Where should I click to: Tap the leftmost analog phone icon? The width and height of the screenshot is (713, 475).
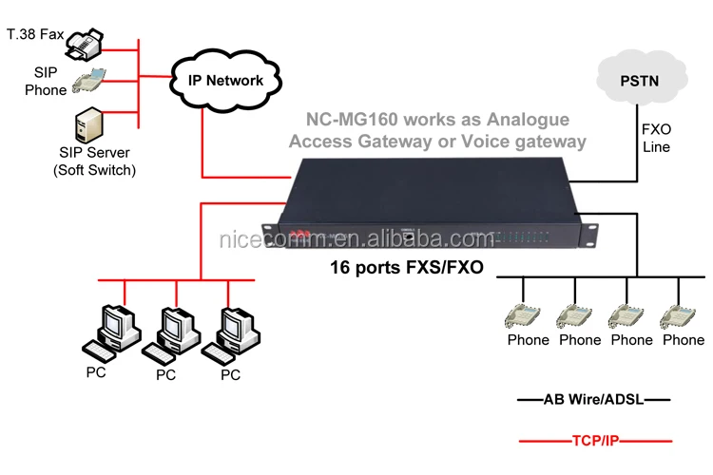pyautogui.click(x=527, y=315)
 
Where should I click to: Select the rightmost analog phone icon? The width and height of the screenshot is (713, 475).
pyautogui.click(x=683, y=315)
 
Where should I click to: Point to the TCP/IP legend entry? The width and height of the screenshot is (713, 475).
pyautogui.click(x=593, y=441)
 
